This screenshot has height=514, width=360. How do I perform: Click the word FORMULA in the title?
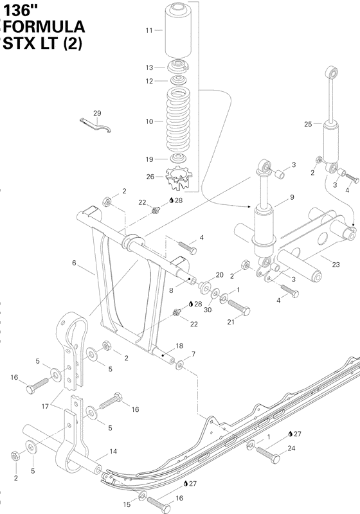pyautogui.click(x=44, y=26)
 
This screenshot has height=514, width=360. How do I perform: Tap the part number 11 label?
pyautogui.click(x=149, y=31)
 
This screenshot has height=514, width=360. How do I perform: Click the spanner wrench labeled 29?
pyautogui.click(x=97, y=125)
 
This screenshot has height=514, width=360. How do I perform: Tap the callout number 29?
pyautogui.click(x=97, y=114)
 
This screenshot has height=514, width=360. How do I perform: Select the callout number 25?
pyautogui.click(x=308, y=123)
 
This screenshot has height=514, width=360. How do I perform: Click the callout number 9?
pyautogui.click(x=292, y=197)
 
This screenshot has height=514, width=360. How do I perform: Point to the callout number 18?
pyautogui.click(x=179, y=346)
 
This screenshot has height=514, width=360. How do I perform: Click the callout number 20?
pyautogui.click(x=220, y=275)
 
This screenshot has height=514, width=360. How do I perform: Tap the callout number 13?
pyautogui.click(x=149, y=67)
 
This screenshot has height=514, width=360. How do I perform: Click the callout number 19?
pyautogui.click(x=149, y=159)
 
